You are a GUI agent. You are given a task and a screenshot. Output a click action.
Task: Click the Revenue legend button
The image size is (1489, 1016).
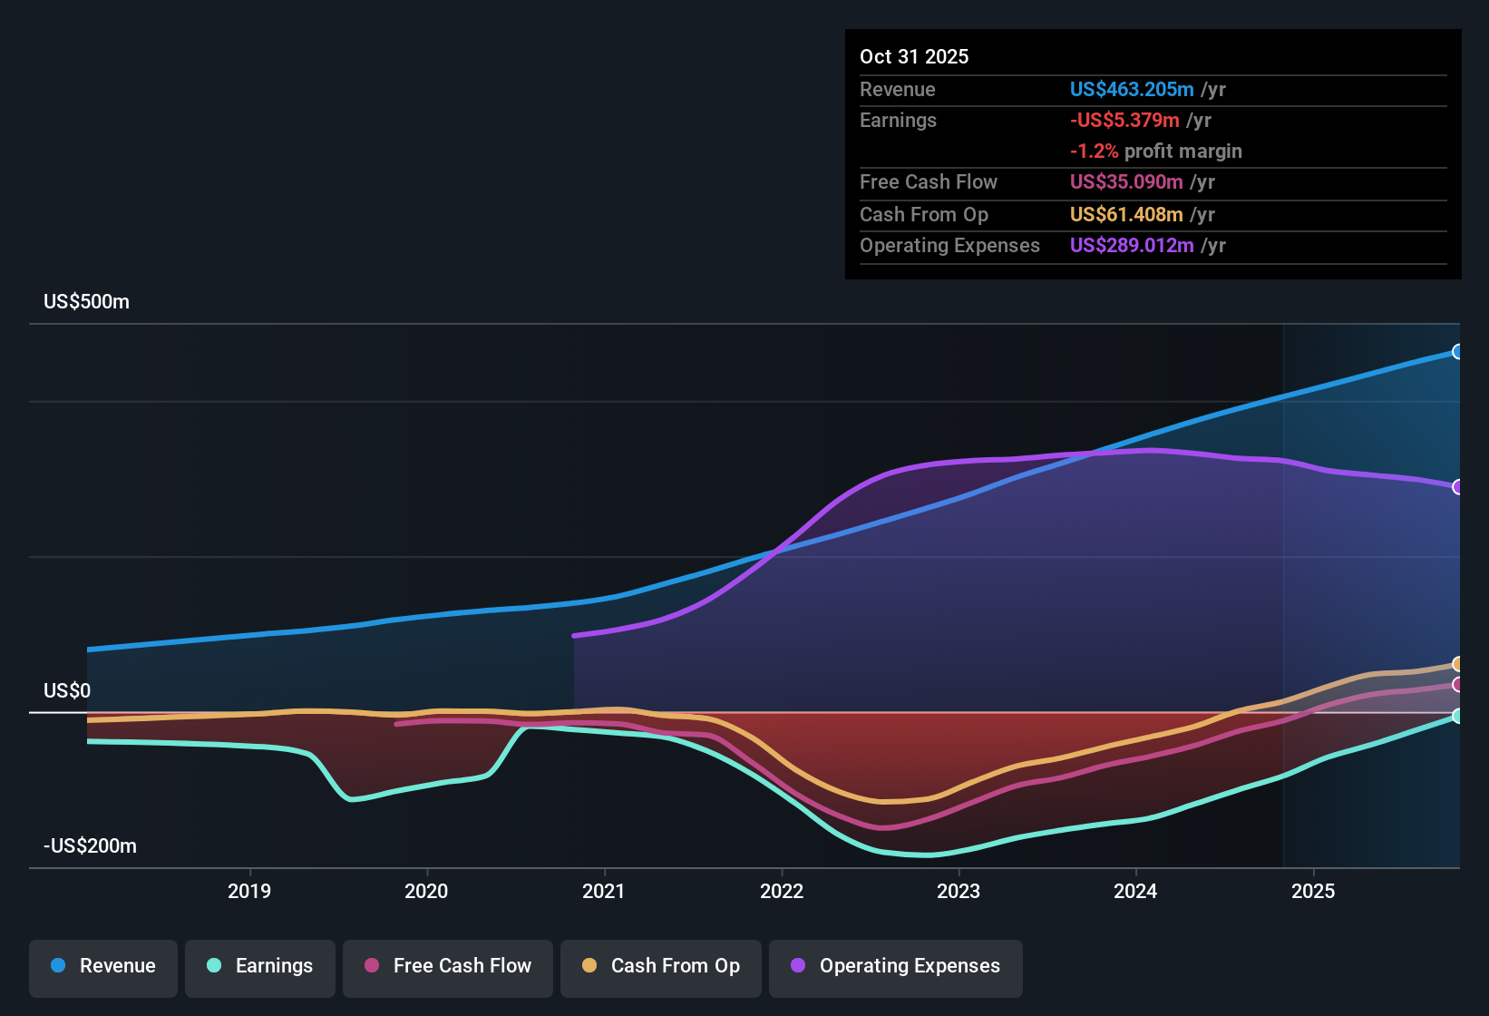(103, 966)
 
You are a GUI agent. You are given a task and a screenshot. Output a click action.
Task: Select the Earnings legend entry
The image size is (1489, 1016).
(260, 966)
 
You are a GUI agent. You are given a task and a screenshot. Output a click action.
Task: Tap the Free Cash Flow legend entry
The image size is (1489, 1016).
(448, 966)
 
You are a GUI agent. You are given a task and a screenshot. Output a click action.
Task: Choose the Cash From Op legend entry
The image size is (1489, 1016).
(661, 966)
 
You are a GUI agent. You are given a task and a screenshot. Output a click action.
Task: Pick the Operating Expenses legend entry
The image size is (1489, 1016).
(896, 966)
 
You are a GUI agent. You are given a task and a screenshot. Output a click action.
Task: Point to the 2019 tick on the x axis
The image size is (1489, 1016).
(249, 891)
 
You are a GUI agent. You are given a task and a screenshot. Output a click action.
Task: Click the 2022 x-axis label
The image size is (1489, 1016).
(782, 891)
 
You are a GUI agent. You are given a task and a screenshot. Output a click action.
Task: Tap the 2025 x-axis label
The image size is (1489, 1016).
(1313, 891)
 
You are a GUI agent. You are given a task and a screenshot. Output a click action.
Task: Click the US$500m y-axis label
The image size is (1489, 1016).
(86, 302)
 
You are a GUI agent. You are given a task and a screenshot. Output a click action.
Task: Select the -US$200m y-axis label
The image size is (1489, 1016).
(90, 846)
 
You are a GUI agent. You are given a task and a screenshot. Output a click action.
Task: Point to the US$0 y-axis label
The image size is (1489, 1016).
(67, 691)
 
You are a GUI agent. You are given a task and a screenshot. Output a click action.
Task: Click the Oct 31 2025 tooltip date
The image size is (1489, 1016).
(914, 57)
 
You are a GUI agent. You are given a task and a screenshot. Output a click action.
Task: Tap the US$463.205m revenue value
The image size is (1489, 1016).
(1131, 90)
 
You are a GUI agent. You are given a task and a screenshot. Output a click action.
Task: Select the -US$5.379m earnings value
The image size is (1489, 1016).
(1124, 121)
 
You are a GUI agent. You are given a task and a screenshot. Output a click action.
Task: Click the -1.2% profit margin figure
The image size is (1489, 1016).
(1094, 151)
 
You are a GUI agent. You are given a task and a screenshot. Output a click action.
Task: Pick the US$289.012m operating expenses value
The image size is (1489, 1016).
(1131, 246)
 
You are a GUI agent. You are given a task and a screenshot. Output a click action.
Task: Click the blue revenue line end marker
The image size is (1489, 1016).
(1457, 352)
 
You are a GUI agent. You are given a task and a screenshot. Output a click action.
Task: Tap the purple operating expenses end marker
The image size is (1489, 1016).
(1457, 487)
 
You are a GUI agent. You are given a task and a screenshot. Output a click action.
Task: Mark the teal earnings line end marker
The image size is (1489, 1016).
(1457, 716)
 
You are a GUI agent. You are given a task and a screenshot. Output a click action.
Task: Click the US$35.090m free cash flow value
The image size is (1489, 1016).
(1125, 182)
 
